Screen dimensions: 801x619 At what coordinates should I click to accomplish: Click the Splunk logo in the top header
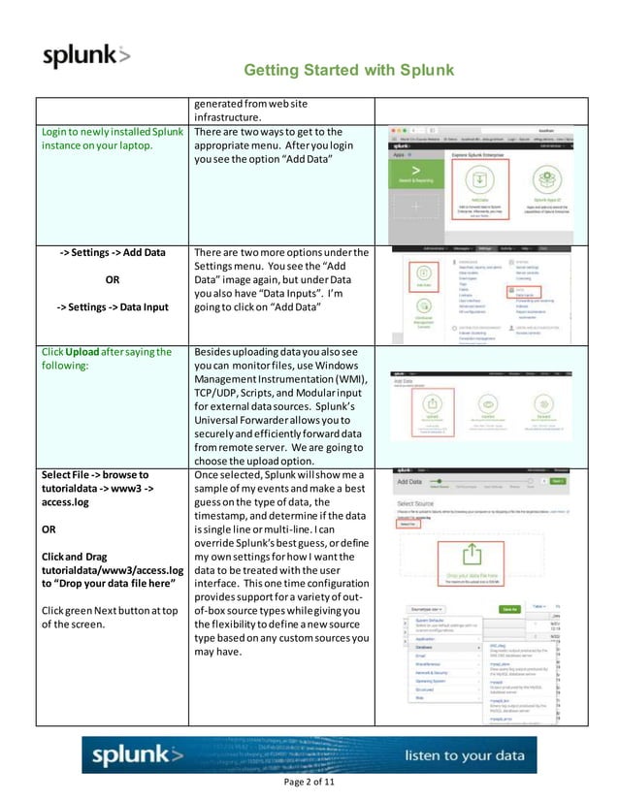pos(85,55)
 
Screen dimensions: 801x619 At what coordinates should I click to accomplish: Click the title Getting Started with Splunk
pos(348,71)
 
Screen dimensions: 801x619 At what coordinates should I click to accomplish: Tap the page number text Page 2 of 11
pos(309,783)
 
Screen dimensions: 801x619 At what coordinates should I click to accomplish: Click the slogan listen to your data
pos(464,755)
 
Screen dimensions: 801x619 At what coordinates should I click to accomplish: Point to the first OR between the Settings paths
pos(112,281)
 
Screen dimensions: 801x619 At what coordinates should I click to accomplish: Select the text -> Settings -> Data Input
pos(112,308)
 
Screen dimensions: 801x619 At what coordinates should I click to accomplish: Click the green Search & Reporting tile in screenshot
pos(415,175)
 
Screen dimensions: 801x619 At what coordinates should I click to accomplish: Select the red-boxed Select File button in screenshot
pos(407,522)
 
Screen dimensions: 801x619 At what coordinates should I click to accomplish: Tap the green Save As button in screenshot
pos(509,608)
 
